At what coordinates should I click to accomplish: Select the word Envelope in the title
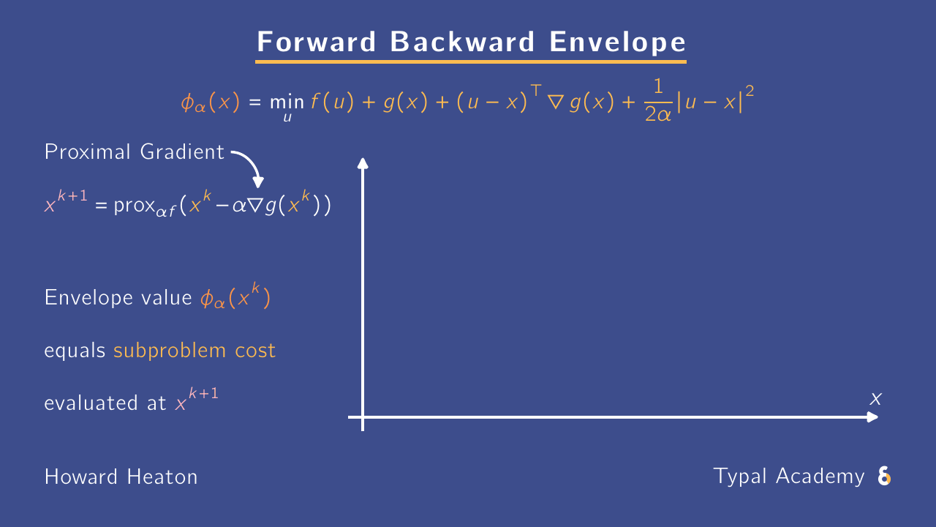(618, 43)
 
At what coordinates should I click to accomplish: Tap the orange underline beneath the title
(471, 61)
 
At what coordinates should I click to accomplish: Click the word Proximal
(86, 152)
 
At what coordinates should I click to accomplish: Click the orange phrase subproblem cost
(195, 351)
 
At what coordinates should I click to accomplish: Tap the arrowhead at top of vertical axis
(362, 162)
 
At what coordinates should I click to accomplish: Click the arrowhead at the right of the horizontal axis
(872, 417)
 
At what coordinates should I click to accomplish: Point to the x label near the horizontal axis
(875, 400)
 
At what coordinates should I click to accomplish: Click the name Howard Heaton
(121, 477)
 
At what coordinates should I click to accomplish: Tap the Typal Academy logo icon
(884, 477)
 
